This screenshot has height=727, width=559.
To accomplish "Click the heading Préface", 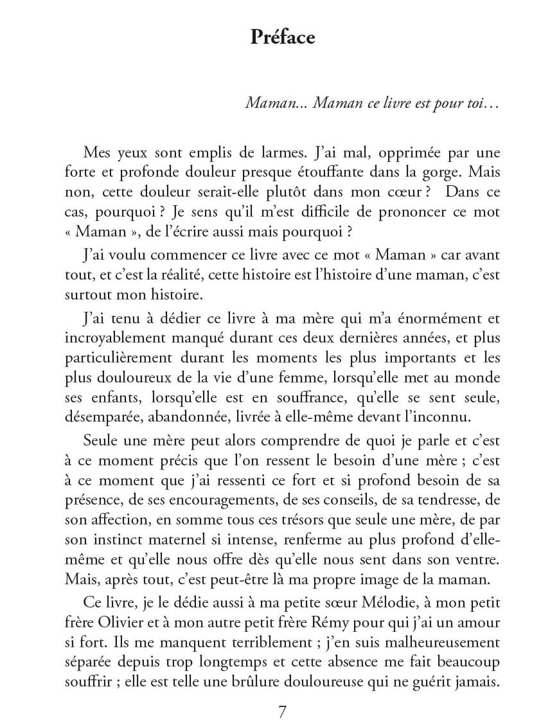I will pyautogui.click(x=283, y=37).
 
